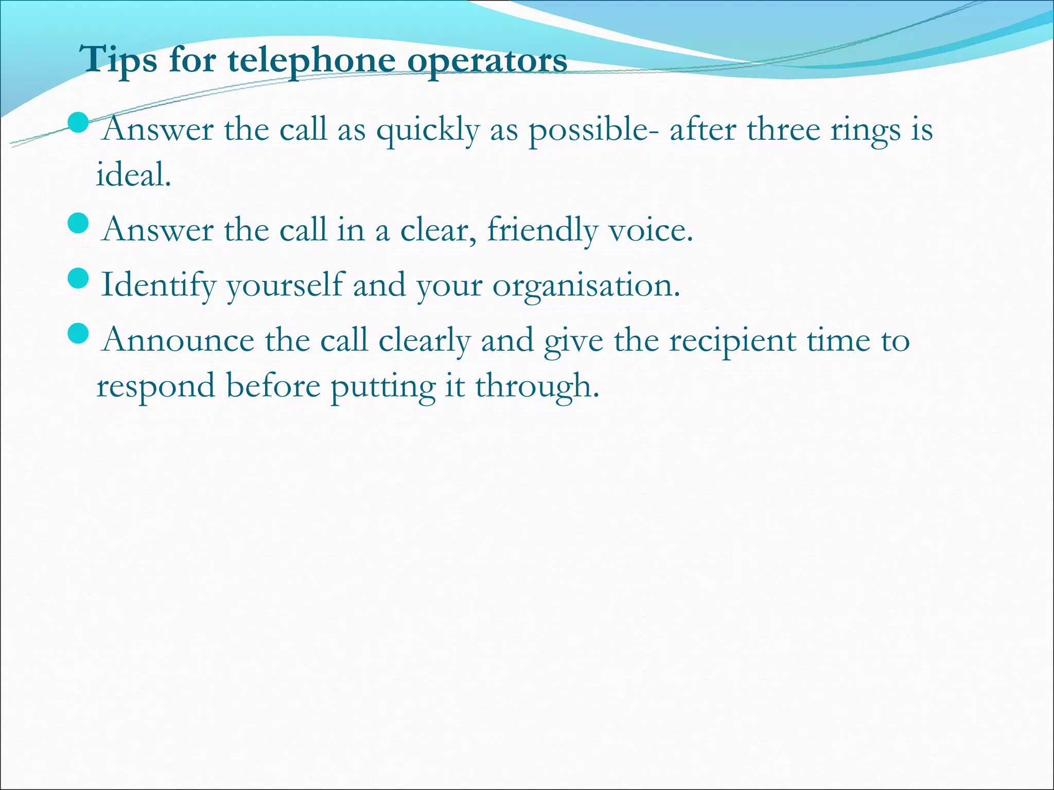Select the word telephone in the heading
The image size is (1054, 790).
tap(312, 60)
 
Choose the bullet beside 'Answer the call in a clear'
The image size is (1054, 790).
tap(78, 223)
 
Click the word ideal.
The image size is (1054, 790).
tap(133, 174)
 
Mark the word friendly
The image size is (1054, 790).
tap(542, 230)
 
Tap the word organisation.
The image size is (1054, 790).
tap(587, 285)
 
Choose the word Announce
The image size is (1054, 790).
tap(178, 340)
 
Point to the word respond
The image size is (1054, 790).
tap(156, 387)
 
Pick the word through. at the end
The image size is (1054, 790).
tap(537, 387)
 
